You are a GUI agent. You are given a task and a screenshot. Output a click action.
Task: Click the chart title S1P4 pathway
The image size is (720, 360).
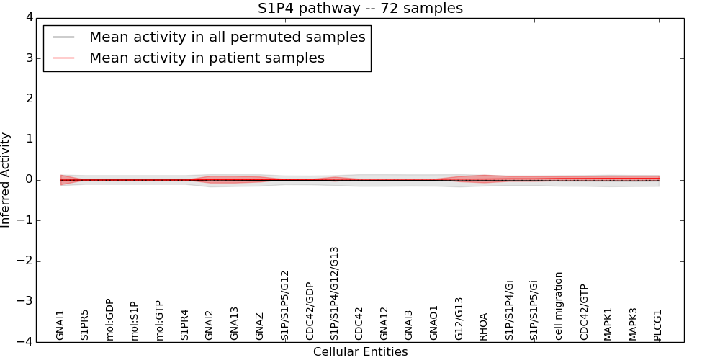coord(360,9)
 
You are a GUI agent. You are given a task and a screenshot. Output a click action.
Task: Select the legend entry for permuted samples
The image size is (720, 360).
coord(227,37)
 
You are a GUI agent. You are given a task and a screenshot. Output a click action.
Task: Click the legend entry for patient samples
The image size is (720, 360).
coord(207,58)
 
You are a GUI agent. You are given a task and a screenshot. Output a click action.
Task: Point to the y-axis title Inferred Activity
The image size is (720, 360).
coord(6,180)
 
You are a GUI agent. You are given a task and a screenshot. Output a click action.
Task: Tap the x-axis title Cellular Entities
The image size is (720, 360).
coord(360,352)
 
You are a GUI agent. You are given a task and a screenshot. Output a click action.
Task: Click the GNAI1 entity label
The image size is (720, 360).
coord(60,325)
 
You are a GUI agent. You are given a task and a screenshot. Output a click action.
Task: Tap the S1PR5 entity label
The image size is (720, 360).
coord(85,325)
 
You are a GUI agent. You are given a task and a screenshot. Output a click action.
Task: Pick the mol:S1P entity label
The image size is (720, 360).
coord(135,321)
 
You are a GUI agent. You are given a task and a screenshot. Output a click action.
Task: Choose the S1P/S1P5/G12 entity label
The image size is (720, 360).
coord(284,306)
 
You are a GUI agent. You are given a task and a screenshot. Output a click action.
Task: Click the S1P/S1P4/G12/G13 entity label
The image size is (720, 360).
coord(334,294)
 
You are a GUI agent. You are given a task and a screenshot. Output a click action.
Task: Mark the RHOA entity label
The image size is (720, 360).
coord(484,326)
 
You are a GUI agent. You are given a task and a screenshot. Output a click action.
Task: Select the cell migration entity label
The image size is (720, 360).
coord(559,306)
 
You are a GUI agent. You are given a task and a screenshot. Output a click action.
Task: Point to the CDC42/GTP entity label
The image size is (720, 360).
coord(584,312)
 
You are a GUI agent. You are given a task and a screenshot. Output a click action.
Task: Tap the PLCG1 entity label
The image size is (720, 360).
coord(658,325)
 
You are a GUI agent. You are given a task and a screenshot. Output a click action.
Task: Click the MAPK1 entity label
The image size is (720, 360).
coord(608,324)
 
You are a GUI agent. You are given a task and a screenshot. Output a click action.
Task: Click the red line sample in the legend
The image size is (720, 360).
coord(64,58)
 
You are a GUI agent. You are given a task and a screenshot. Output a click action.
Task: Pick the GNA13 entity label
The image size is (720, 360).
coord(235,323)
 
